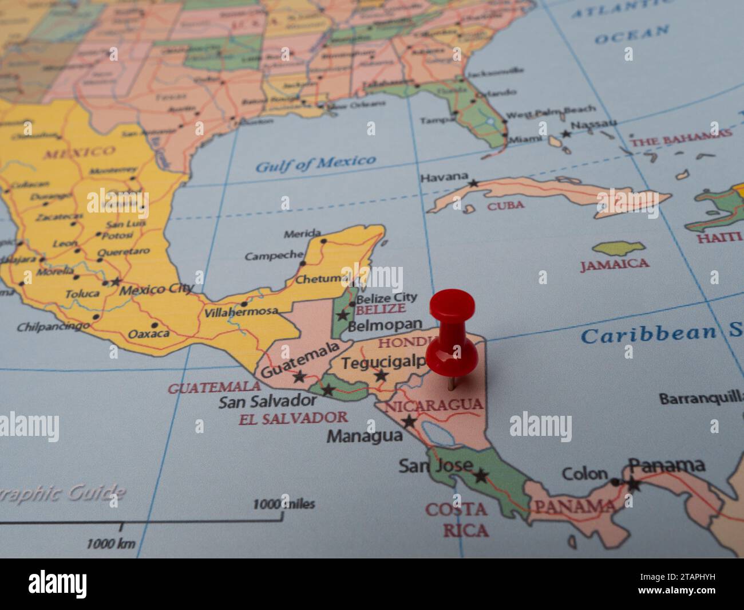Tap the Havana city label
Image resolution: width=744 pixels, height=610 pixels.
[444, 178]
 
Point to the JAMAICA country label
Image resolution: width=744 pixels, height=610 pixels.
[615, 264]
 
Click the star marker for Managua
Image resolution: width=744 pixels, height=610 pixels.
[409, 422]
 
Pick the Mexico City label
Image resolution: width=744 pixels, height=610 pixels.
[156, 289]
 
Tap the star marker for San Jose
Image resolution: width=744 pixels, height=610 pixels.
[480, 475]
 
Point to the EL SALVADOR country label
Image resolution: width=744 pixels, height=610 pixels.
[293, 418]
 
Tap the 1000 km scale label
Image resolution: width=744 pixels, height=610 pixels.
[111, 544]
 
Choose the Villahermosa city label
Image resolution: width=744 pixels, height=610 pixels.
[241, 312]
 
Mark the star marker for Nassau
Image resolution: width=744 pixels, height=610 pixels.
[566, 133]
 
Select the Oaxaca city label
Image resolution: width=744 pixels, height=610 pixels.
[149, 333]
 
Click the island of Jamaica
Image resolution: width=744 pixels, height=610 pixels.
[618, 249]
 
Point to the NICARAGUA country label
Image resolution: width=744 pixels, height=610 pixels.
[433, 406]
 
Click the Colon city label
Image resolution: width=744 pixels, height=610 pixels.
[584, 474]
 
